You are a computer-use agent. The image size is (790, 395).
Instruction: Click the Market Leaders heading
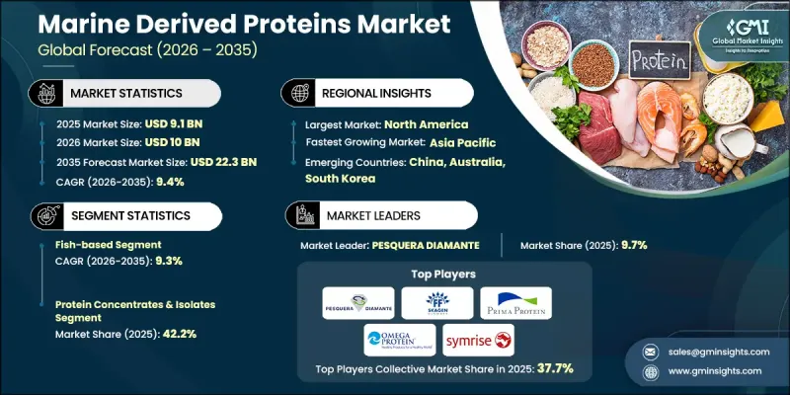[381, 214]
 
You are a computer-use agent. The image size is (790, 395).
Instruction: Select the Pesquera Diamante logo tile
[356, 302]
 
